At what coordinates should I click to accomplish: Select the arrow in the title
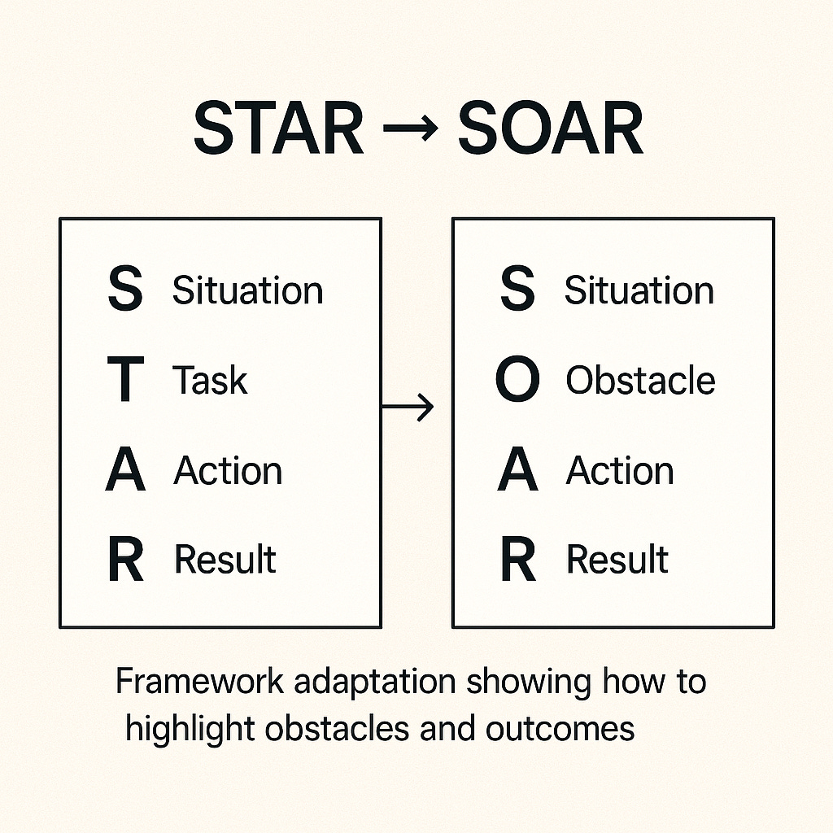point(411,130)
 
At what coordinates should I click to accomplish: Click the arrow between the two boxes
point(408,408)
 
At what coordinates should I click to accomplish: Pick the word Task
point(210,381)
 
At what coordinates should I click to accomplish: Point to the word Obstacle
point(640,381)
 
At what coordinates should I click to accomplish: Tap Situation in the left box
point(247,290)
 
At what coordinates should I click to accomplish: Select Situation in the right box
point(639,290)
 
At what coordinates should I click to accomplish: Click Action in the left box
point(228,471)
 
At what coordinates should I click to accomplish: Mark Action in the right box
point(620,471)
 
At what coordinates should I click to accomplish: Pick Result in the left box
point(225,560)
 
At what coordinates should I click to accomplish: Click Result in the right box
point(617,560)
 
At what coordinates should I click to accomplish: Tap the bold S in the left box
point(125,291)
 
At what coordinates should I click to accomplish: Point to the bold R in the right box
point(518,560)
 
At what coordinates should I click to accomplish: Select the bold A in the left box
point(125,472)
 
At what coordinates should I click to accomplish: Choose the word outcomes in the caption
point(560,728)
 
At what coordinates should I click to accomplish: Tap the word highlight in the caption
point(192,728)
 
